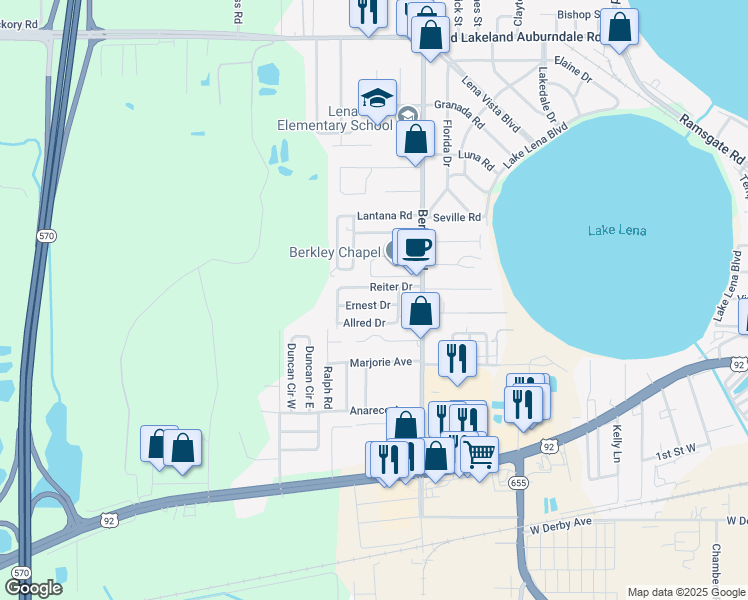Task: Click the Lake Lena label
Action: pos(616,231)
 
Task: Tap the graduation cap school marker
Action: pos(377,98)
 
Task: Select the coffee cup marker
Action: pos(416,246)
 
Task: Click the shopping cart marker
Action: pos(479,454)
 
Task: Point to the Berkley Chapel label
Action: pos(335,252)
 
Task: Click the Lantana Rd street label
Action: pos(385,216)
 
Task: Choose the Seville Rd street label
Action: pos(457,217)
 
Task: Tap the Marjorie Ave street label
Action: pos(381,362)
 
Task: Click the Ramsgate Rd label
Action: pos(712,140)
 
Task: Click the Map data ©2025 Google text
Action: pos(686,592)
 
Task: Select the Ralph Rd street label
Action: pos(327,387)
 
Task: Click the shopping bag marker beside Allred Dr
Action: pos(421,310)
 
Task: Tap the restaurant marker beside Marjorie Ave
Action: pos(457,357)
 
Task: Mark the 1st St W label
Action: pos(675,454)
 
